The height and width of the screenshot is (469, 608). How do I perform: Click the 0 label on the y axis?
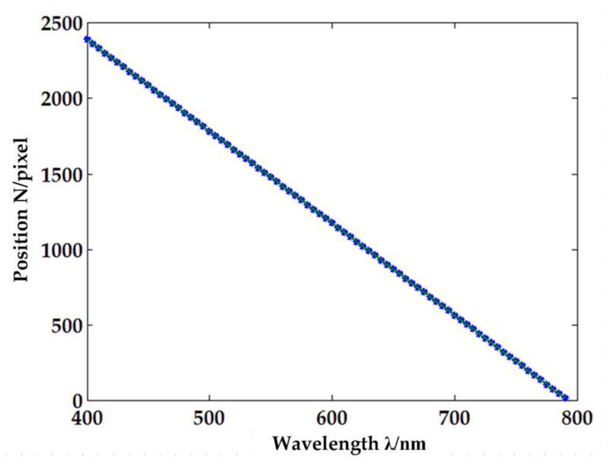coord(77,401)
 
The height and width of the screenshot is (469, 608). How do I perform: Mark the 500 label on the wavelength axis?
coord(209,417)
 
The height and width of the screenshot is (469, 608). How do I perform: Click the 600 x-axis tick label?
coord(332,417)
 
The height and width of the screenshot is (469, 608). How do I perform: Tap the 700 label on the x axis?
coord(455,417)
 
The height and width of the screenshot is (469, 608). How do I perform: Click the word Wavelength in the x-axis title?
coord(324,443)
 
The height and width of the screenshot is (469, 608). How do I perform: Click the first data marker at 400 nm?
coord(87,39)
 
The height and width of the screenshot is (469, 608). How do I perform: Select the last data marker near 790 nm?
coord(565,398)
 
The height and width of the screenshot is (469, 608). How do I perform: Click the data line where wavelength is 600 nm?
coord(332,223)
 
